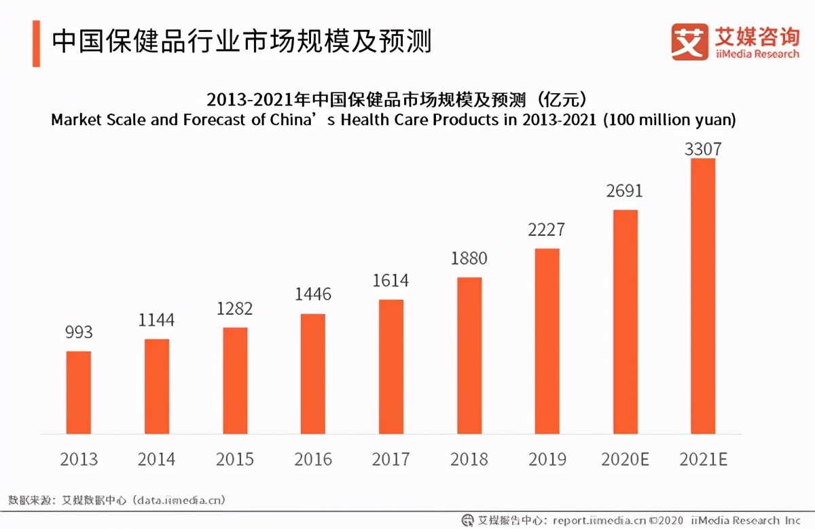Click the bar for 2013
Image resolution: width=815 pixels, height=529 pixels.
click(78, 392)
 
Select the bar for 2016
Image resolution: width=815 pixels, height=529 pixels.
click(313, 373)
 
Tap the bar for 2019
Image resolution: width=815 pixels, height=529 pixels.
click(547, 341)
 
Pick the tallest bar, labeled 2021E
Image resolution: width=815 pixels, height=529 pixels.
click(703, 296)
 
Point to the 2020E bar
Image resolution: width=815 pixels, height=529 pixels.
click(626, 322)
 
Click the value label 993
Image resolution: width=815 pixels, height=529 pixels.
click(79, 333)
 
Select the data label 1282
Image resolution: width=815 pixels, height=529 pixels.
click(235, 309)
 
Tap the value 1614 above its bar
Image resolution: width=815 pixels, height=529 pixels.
click(391, 281)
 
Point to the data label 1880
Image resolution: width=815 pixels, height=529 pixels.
click(469, 258)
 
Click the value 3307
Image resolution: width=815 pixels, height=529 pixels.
click(704, 149)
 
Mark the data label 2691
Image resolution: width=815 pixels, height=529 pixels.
click(625, 191)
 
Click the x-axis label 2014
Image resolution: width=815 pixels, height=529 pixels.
click(156, 460)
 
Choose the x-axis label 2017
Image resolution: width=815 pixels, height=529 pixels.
click(391, 460)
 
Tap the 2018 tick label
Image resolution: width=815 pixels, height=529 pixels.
click(469, 460)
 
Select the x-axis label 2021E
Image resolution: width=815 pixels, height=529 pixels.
click(703, 460)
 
